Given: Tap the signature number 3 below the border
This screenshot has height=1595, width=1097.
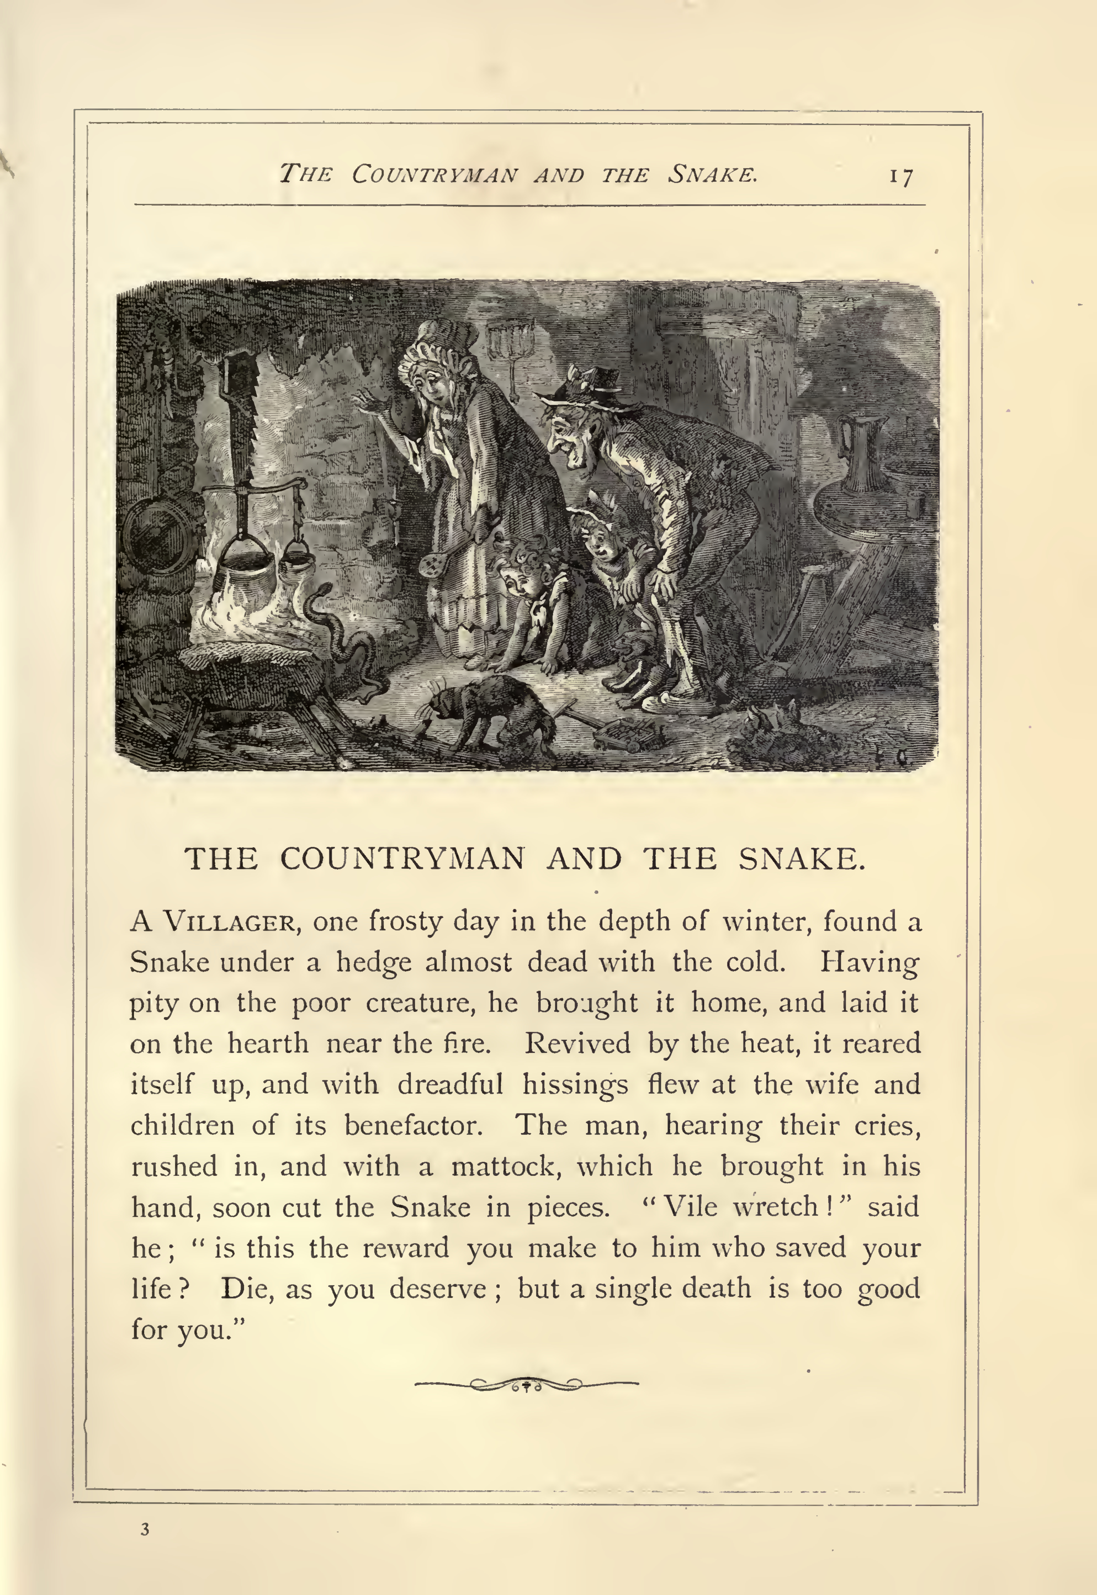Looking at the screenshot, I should coord(144,1529).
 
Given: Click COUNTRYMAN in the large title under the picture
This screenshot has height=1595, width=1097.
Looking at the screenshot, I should coord(402,859).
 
